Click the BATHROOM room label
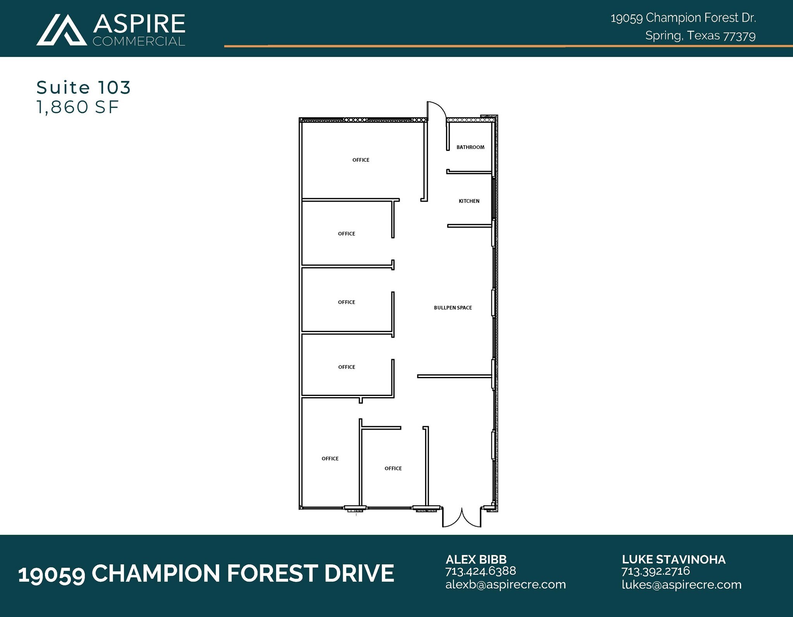[470, 147]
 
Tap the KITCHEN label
[469, 201]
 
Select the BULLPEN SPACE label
[453, 308]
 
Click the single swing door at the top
[436, 111]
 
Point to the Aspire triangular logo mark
[62, 30]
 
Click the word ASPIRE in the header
[139, 24]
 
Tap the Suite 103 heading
[84, 87]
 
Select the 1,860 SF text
[77, 107]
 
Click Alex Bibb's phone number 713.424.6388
[481, 571]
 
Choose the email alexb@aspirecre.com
[505, 584]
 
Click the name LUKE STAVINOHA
[673, 559]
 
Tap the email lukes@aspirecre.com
[681, 584]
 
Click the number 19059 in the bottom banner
[51, 574]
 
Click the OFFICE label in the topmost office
[360, 160]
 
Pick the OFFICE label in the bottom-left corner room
[330, 459]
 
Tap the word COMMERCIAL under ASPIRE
[139, 41]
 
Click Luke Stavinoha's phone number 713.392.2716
[656, 571]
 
